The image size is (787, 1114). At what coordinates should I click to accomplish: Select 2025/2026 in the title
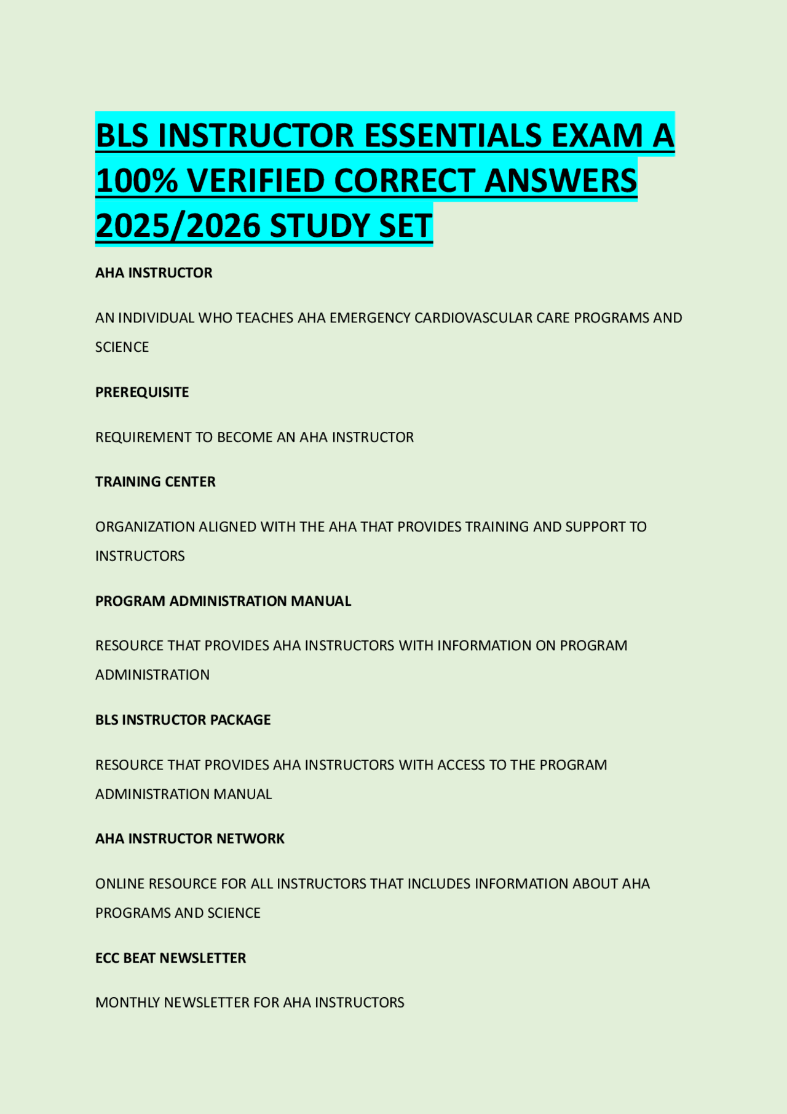(x=178, y=226)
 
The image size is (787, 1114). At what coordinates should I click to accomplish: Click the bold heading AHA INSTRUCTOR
(x=154, y=273)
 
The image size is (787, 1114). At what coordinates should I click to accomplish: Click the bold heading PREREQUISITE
(x=142, y=392)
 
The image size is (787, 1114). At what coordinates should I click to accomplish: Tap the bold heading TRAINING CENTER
(x=156, y=482)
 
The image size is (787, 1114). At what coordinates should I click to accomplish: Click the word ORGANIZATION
(x=144, y=527)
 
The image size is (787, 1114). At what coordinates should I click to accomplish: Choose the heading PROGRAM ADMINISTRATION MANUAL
(x=223, y=601)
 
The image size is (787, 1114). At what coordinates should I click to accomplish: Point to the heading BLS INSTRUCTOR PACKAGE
(x=183, y=720)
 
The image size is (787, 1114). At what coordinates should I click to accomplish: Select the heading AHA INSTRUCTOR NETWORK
(x=190, y=838)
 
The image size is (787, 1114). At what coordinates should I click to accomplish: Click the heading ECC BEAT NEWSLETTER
(x=171, y=958)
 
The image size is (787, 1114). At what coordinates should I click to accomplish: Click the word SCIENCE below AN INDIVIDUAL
(x=122, y=347)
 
